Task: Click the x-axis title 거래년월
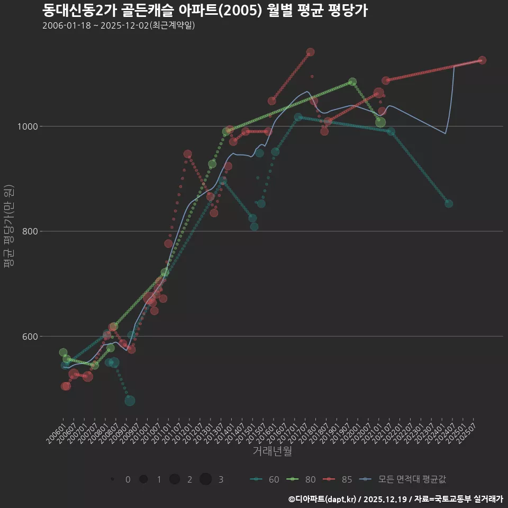[272, 451]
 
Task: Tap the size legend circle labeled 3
[206, 479]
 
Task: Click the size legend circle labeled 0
[113, 479]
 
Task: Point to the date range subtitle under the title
[119, 25]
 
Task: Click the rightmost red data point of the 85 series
[482, 60]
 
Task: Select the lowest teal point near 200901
[130, 401]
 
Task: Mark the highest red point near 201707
[311, 52]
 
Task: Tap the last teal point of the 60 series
[449, 204]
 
